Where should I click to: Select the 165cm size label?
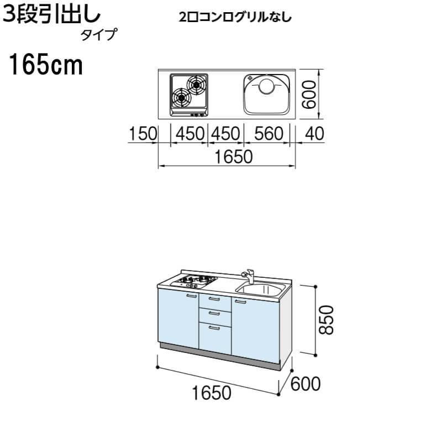point(45,67)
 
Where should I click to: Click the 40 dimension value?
point(311,134)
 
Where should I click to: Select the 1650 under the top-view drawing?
point(227,157)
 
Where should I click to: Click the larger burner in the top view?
point(182,98)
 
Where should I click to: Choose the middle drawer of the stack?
point(215,315)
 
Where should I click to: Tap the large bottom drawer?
point(215,337)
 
